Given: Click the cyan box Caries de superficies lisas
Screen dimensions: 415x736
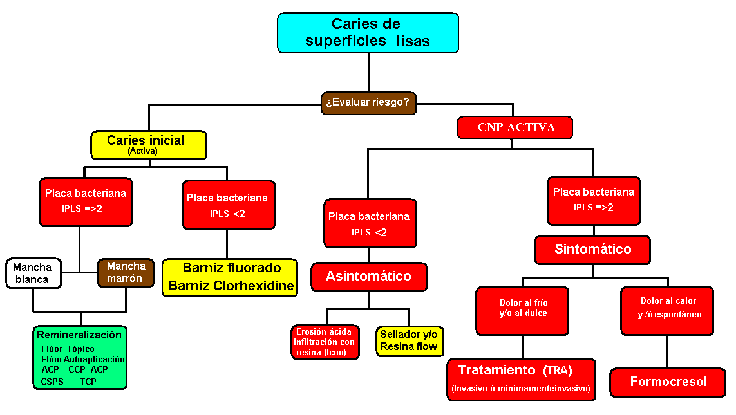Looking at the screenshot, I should click(x=368, y=33).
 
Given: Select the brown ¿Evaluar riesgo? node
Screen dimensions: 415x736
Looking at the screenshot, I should click(x=368, y=102).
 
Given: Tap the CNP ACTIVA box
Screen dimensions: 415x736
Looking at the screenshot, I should click(x=515, y=127).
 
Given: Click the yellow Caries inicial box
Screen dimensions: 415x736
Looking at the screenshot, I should click(x=149, y=145).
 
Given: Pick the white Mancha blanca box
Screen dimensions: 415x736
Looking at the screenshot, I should click(x=33, y=273).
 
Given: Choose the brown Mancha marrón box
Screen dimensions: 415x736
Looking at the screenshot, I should click(x=126, y=272).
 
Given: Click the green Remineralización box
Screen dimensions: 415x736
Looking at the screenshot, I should click(x=80, y=357).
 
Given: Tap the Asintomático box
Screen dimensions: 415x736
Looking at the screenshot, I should click(x=368, y=276).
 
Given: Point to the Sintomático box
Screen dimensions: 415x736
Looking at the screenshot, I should click(x=592, y=250).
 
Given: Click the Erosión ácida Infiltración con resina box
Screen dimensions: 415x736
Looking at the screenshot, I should click(x=325, y=342).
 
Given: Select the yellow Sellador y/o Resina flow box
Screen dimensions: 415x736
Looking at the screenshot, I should click(x=410, y=341).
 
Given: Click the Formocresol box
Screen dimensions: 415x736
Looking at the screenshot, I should click(x=668, y=382).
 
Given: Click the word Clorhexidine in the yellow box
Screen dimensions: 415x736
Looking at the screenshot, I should click(x=256, y=286).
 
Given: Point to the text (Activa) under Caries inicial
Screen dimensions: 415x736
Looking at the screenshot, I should click(x=142, y=152).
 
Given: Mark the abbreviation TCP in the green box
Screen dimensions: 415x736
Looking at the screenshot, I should click(x=88, y=382).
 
